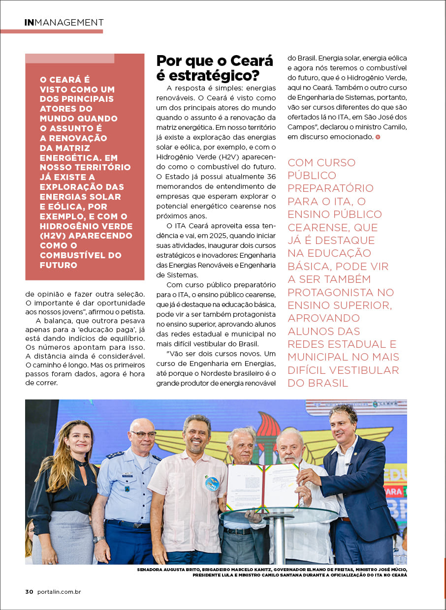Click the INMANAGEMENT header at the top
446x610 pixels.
tap(64, 23)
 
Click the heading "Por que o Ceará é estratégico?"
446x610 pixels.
tap(215, 68)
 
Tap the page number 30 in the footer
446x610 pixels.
tap(29, 592)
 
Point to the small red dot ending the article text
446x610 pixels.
tap(378, 137)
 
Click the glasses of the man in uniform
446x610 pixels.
tap(143, 434)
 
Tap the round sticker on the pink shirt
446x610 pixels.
tap(212, 483)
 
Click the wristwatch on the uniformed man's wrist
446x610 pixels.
tap(98, 539)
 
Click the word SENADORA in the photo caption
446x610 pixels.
tap(152, 570)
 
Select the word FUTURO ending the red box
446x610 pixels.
tap(59, 265)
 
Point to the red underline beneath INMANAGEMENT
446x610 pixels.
tap(52, 31)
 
